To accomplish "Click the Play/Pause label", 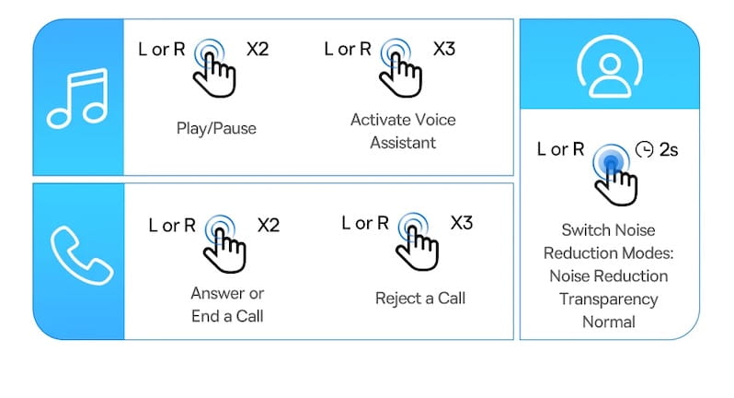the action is [216, 128].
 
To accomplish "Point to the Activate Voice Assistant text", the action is [403, 131].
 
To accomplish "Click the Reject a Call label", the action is [420, 298].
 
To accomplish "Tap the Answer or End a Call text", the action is [227, 305].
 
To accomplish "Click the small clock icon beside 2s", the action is [644, 149].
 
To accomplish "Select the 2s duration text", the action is [669, 150].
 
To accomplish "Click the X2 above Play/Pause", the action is [258, 49].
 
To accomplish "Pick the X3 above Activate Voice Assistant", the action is [443, 49].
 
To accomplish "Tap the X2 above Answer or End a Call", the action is [269, 226].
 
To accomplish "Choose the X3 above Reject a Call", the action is [462, 223].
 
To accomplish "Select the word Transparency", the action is [609, 299].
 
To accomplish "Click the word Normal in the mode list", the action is [609, 322].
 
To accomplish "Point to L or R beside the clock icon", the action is [561, 149].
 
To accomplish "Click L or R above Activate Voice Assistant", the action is [348, 49].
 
